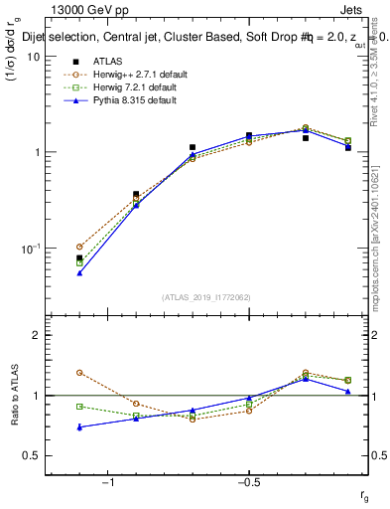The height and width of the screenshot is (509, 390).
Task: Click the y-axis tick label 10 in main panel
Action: click(34, 57)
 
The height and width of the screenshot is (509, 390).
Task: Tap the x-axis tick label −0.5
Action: click(247, 483)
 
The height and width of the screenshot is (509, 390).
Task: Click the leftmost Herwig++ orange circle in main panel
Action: click(79, 246)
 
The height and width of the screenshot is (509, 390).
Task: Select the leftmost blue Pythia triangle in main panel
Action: click(79, 272)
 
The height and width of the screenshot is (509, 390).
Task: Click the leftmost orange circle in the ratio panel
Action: click(79, 373)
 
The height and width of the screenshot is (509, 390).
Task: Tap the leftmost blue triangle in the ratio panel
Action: click(79, 426)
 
